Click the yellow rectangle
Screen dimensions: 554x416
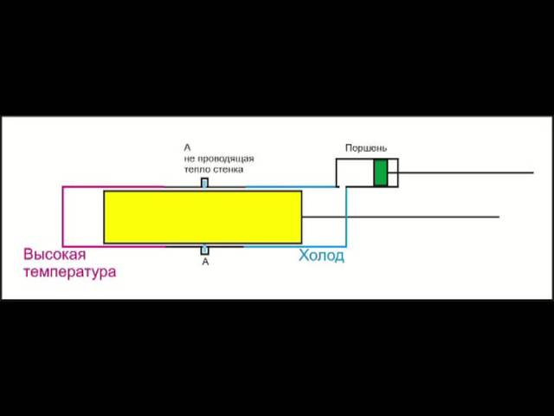click(203, 217)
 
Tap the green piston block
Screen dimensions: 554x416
click(381, 172)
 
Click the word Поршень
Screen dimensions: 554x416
click(366, 148)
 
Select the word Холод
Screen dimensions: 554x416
click(321, 256)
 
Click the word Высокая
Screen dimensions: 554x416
click(55, 254)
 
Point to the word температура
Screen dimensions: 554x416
click(69, 272)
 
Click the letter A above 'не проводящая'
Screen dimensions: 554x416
click(187, 147)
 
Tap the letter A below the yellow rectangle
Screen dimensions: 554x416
click(205, 262)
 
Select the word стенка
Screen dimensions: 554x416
click(229, 170)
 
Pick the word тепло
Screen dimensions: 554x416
click(198, 170)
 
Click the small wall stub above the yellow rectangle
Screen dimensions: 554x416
click(204, 183)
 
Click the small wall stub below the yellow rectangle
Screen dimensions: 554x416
click(205, 250)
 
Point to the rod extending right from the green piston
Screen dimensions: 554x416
click(461, 172)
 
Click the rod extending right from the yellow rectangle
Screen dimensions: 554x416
click(401, 217)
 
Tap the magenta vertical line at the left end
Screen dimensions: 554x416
click(63, 217)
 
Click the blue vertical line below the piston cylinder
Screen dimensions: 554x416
click(346, 217)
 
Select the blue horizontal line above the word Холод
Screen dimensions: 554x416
click(296, 246)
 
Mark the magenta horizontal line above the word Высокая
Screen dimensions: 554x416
click(113, 246)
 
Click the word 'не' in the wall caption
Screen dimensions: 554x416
click(190, 159)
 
